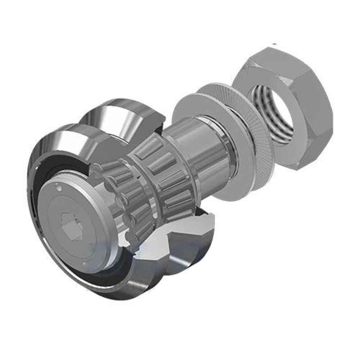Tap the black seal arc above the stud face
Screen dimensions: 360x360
coord(54,166)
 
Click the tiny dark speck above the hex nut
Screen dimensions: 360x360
coord(274,44)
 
